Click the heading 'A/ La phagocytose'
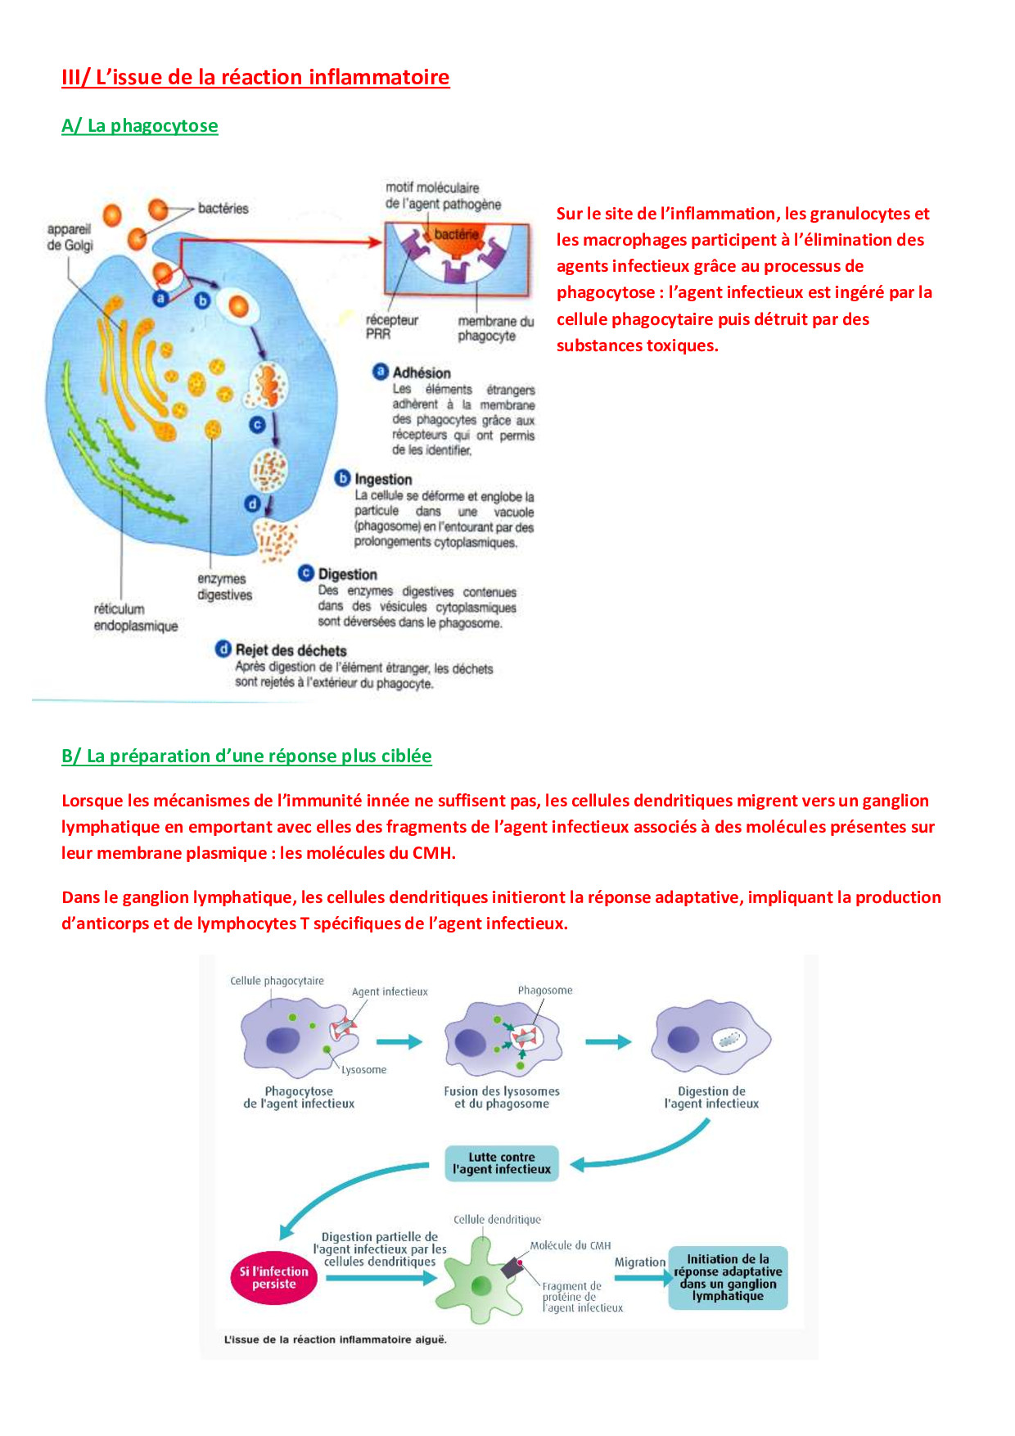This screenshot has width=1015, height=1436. click(140, 126)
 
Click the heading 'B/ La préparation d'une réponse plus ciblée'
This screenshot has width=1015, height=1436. click(246, 756)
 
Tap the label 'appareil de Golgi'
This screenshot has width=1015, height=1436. click(70, 237)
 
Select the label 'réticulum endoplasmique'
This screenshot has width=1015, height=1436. click(135, 617)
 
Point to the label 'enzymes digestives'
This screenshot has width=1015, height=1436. click(223, 587)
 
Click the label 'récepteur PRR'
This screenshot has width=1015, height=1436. click(391, 327)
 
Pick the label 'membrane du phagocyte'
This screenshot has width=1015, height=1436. click(495, 328)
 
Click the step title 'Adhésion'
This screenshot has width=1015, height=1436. click(421, 373)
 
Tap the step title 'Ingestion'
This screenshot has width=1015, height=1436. click(383, 480)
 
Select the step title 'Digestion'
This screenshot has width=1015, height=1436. click(347, 575)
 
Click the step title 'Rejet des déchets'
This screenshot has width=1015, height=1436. click(291, 650)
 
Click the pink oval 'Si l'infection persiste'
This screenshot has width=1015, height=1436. click(274, 1278)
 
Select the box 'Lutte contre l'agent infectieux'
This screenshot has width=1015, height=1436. click(501, 1163)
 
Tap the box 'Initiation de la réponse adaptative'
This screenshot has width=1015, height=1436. click(728, 1277)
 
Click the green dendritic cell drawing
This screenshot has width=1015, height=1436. click(481, 1282)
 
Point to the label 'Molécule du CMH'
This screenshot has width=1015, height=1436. click(570, 1245)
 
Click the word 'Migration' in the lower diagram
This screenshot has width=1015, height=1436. click(639, 1262)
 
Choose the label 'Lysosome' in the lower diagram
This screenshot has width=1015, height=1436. click(363, 1070)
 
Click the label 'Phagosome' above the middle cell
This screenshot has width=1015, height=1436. click(545, 991)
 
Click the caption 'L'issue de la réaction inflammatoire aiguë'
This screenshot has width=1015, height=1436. click(336, 1339)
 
